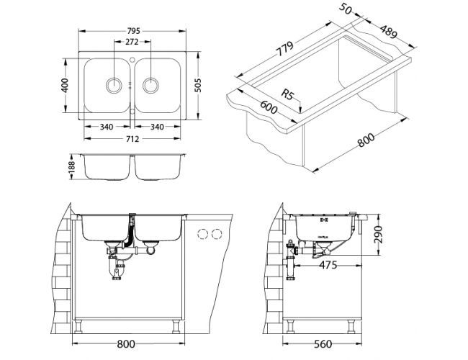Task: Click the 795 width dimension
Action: point(133,31)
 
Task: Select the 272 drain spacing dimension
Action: point(132,42)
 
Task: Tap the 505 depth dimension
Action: point(197,86)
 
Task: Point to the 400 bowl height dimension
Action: point(65,86)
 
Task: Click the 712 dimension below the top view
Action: point(132,139)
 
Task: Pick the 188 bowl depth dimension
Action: point(71,167)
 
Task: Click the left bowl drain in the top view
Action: point(114,85)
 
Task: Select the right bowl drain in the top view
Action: point(150,85)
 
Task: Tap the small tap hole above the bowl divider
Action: point(132,60)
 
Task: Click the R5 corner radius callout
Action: point(288,95)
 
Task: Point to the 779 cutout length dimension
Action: point(284,48)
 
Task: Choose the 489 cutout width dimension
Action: point(389,32)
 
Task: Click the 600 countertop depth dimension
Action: point(269,107)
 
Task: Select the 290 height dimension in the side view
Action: point(378,234)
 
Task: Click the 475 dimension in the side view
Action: point(328,265)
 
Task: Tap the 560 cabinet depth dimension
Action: point(323,344)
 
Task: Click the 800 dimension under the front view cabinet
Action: point(126,344)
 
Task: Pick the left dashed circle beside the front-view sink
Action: point(202,234)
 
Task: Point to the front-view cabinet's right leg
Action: point(176,326)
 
